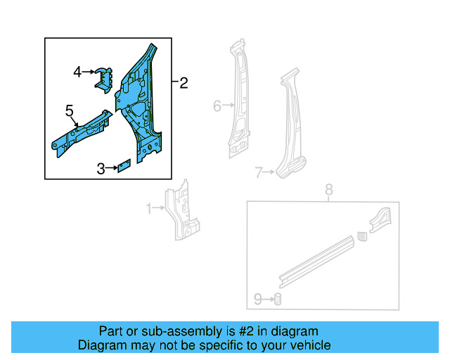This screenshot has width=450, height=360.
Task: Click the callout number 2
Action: click(184, 84)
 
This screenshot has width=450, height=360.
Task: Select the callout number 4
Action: click(78, 71)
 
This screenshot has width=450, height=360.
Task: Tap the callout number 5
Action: click(69, 110)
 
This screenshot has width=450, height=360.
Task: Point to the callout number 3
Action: click(101, 168)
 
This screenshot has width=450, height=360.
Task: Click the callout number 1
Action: click(149, 208)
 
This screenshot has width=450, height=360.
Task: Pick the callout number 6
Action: click(217, 106)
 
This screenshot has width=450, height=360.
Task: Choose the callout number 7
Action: click(259, 172)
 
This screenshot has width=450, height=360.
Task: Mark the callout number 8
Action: click(327, 190)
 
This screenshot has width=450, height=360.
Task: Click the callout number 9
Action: click(257, 300)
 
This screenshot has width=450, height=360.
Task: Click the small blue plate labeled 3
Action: click(124, 167)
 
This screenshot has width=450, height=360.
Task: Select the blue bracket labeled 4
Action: click(105, 78)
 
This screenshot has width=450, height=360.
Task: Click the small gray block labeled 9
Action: click(277, 300)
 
